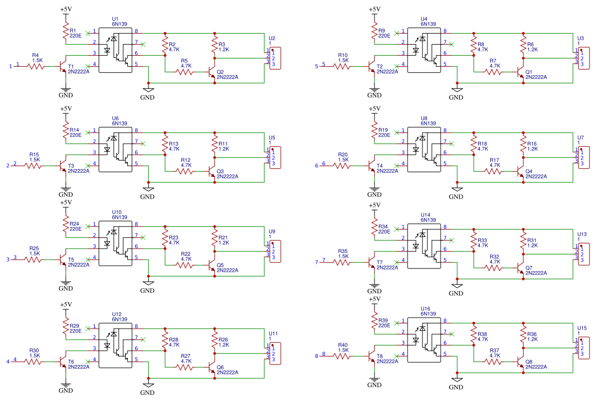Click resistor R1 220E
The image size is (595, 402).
click(66, 32)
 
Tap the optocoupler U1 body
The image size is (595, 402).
click(115, 50)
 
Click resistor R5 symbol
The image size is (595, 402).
click(186, 72)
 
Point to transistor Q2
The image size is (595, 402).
click(213, 72)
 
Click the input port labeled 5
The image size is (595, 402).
click(317, 66)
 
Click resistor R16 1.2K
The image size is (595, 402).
click(524, 146)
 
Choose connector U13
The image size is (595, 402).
click(582, 253)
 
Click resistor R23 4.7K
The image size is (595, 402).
click(165, 239)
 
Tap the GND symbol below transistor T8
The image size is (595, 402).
click(375, 381)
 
